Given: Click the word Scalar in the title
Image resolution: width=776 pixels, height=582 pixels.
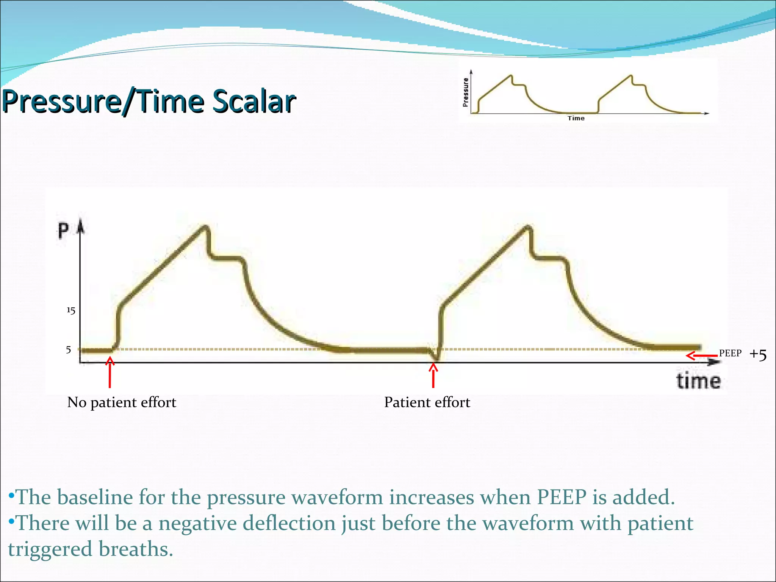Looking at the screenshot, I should [254, 102].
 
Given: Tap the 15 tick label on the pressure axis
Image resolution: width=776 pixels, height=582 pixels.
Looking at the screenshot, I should [71, 311].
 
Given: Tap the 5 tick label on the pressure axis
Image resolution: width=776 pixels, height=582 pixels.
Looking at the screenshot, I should [69, 350].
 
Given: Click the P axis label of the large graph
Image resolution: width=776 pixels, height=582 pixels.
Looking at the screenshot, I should [63, 231].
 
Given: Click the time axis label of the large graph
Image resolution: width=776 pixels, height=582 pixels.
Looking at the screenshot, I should [698, 381].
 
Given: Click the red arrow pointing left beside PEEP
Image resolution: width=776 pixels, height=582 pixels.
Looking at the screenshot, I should [701, 356].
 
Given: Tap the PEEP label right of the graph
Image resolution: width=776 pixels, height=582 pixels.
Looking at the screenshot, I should [730, 353].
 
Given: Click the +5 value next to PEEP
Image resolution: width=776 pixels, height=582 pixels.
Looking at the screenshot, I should [758, 355].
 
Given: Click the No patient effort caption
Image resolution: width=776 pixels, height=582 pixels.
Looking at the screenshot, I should [122, 402].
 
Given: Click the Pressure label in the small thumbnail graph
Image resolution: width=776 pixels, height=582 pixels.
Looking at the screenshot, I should [465, 92].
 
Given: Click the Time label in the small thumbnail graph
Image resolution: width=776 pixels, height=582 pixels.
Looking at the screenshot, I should [576, 118].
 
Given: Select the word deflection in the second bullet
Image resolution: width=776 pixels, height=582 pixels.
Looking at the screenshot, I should [289, 523].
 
